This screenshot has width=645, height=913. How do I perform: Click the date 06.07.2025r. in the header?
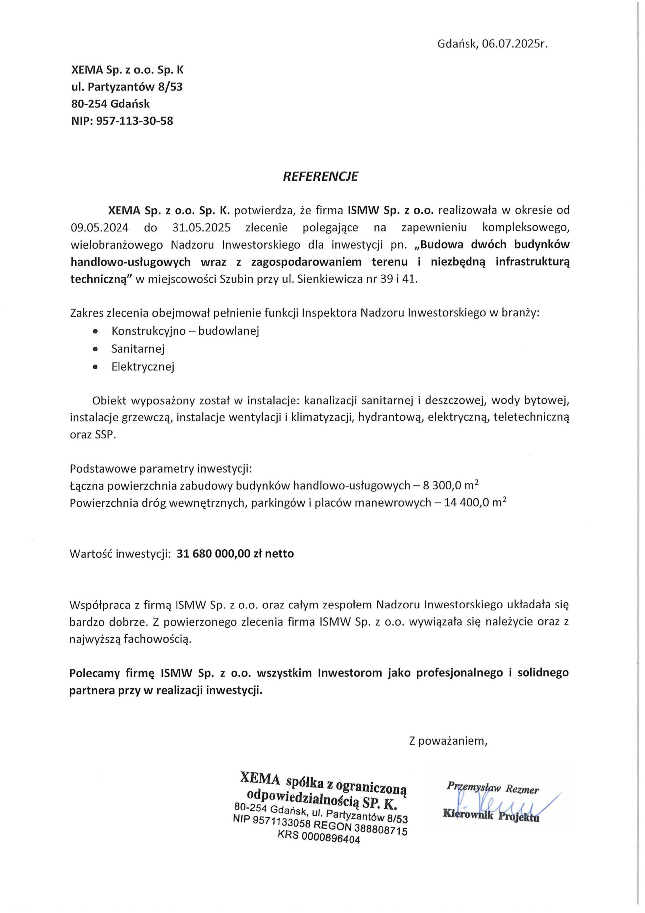coord(515,44)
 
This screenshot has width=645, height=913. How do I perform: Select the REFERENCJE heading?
coord(320,177)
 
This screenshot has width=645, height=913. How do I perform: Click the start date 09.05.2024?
coord(99,228)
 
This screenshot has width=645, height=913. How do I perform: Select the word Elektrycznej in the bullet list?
coord(143,366)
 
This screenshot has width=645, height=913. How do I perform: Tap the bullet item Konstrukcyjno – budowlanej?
coord(185,331)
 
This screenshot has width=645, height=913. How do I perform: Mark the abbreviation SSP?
coord(105,435)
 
